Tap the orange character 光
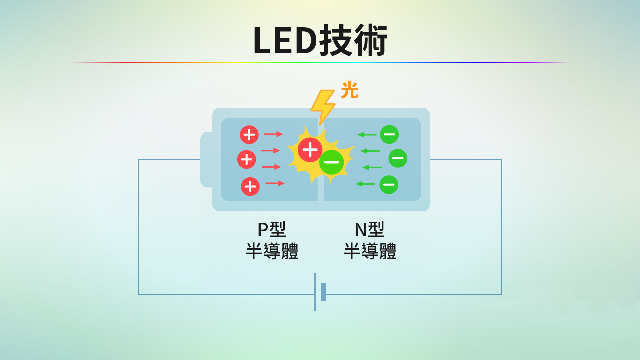(349, 91)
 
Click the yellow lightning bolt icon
(322, 106)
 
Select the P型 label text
(271, 229)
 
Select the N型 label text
(369, 229)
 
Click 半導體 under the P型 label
(272, 251)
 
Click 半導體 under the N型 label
(370, 251)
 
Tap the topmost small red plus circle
(249, 135)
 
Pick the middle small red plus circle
(247, 159)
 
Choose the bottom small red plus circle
(250, 186)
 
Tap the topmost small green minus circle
(389, 134)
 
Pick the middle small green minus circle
(398, 158)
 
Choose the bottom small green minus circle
(389, 185)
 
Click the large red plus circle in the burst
(310, 150)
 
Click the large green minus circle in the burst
(331, 162)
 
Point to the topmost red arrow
(273, 134)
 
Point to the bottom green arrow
(365, 184)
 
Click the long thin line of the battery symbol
(315, 292)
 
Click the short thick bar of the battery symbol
(323, 292)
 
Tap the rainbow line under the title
(320, 62)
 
